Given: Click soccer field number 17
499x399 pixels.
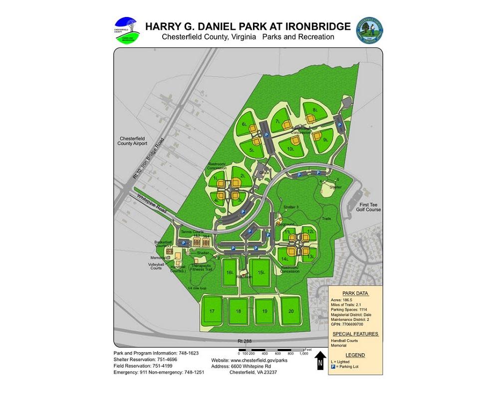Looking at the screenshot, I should (212, 311).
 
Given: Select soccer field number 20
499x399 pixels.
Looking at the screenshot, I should (291, 310).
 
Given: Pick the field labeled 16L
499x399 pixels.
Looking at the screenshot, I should (230, 272).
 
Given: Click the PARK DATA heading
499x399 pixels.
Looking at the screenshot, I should (355, 293).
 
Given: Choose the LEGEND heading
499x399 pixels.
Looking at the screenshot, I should (355, 355).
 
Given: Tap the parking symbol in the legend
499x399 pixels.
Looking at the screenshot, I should (333, 367).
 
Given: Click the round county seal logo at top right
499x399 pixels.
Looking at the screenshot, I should (369, 31).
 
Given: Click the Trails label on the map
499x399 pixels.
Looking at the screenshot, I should (326, 218).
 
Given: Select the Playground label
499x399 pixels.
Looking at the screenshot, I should (286, 225).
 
